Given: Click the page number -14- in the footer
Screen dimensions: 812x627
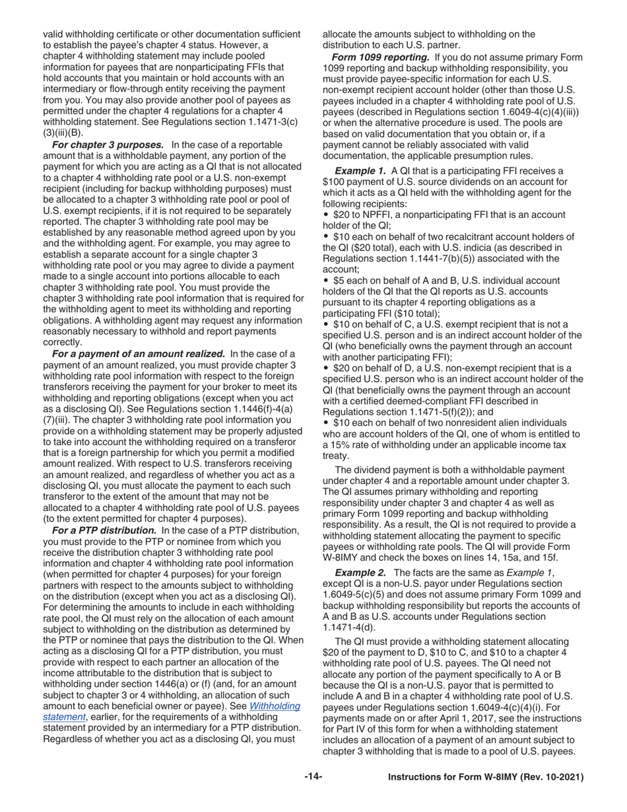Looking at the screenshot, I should pos(313,777).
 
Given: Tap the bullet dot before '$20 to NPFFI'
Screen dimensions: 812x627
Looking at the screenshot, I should pos(326,215).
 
